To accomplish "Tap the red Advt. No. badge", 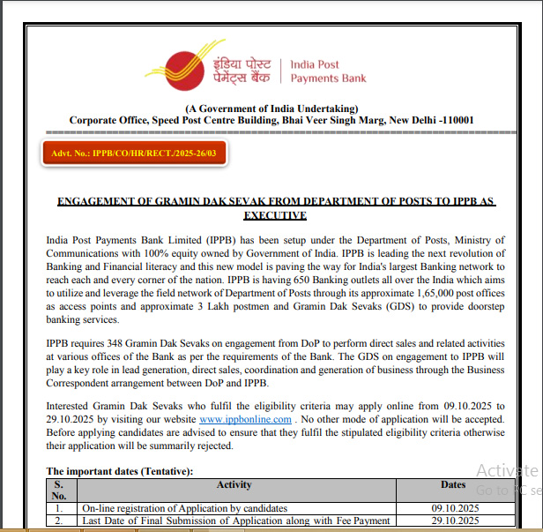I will [x=134, y=154].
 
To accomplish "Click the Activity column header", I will [x=234, y=484].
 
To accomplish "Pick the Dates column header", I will [x=453, y=484].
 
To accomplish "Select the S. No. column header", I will [x=59, y=490].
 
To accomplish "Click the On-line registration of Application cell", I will [x=185, y=508].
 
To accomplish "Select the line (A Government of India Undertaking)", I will [x=271, y=108].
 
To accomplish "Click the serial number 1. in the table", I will [x=59, y=508].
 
